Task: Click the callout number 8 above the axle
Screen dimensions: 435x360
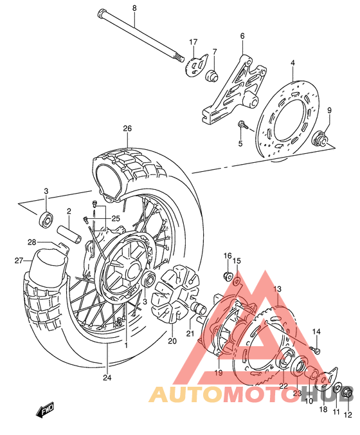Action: point(134,7)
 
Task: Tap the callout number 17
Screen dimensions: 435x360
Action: point(193,42)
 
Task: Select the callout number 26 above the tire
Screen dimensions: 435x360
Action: point(127,129)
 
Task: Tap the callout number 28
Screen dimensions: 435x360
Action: point(31,242)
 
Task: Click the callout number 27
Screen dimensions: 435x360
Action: point(19,260)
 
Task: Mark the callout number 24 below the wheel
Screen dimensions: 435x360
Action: point(107,378)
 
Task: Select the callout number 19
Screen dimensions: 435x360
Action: point(218,373)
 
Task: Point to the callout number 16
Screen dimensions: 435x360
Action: point(227,256)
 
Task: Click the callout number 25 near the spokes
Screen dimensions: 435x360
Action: point(116,219)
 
